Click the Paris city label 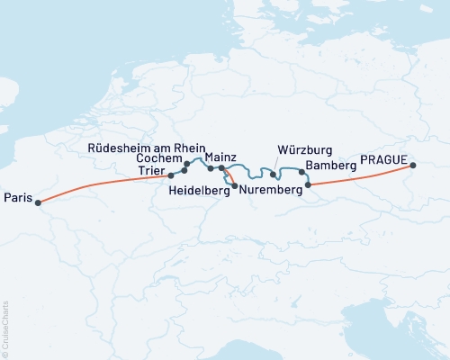click(17, 197)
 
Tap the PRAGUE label click(383, 159)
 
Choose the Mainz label click(220, 157)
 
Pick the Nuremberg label click(269, 190)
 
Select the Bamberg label click(331, 166)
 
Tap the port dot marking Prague click(413, 166)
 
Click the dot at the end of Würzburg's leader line click(273, 174)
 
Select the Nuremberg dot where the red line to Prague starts click(309, 185)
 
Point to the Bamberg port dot click(301, 171)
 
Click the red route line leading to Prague click(360, 176)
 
